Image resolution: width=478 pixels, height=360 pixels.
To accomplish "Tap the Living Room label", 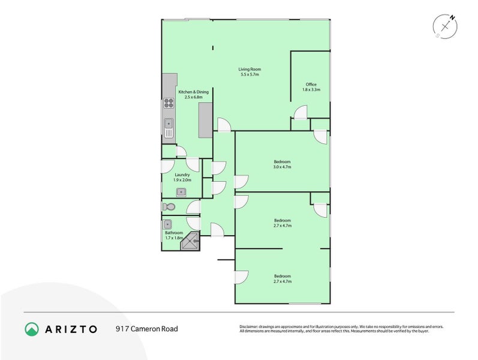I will click(x=250, y=70).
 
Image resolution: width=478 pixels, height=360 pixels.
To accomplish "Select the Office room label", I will click(x=311, y=85).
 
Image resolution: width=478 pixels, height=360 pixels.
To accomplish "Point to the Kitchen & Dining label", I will click(x=194, y=92).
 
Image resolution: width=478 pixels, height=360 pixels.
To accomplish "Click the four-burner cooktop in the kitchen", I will click(x=169, y=103).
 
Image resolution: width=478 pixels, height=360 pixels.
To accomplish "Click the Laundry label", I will click(x=182, y=175).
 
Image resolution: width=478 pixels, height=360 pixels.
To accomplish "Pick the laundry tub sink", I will click(x=181, y=192).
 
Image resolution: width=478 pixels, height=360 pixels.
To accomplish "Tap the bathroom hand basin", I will click(x=167, y=224).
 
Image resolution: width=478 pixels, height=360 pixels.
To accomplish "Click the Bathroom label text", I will click(x=174, y=233).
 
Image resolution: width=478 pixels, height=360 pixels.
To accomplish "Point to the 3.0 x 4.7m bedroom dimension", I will click(x=282, y=167).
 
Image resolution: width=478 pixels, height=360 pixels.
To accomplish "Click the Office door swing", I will click(x=301, y=111).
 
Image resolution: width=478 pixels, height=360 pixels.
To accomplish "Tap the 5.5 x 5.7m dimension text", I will click(x=250, y=75).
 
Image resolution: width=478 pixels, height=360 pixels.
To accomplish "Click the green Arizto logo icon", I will click(x=32, y=329).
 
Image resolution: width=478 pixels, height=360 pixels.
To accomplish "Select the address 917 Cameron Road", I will click(x=146, y=329).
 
